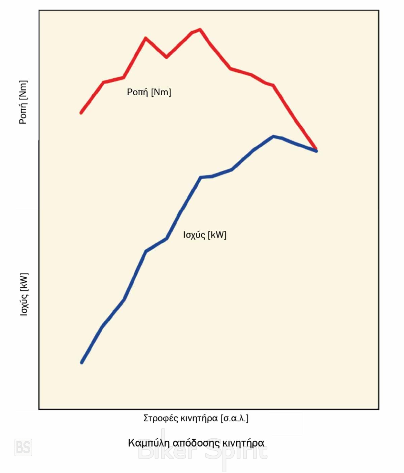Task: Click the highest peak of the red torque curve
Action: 200,30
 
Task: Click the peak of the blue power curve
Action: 273,136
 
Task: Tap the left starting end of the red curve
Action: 81,113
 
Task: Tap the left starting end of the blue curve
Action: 82,362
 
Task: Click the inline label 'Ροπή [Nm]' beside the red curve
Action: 149,92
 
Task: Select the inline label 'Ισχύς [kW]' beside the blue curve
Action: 205,235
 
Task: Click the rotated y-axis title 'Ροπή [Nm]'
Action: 23,102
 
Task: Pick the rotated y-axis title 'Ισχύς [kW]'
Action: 24,294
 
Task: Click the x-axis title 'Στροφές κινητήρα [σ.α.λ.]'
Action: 196,418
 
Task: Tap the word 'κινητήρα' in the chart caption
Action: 244,443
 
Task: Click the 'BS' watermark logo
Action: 23,447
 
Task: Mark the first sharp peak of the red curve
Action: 145,38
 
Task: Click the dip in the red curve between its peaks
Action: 166,57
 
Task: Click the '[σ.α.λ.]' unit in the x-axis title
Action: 234,418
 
